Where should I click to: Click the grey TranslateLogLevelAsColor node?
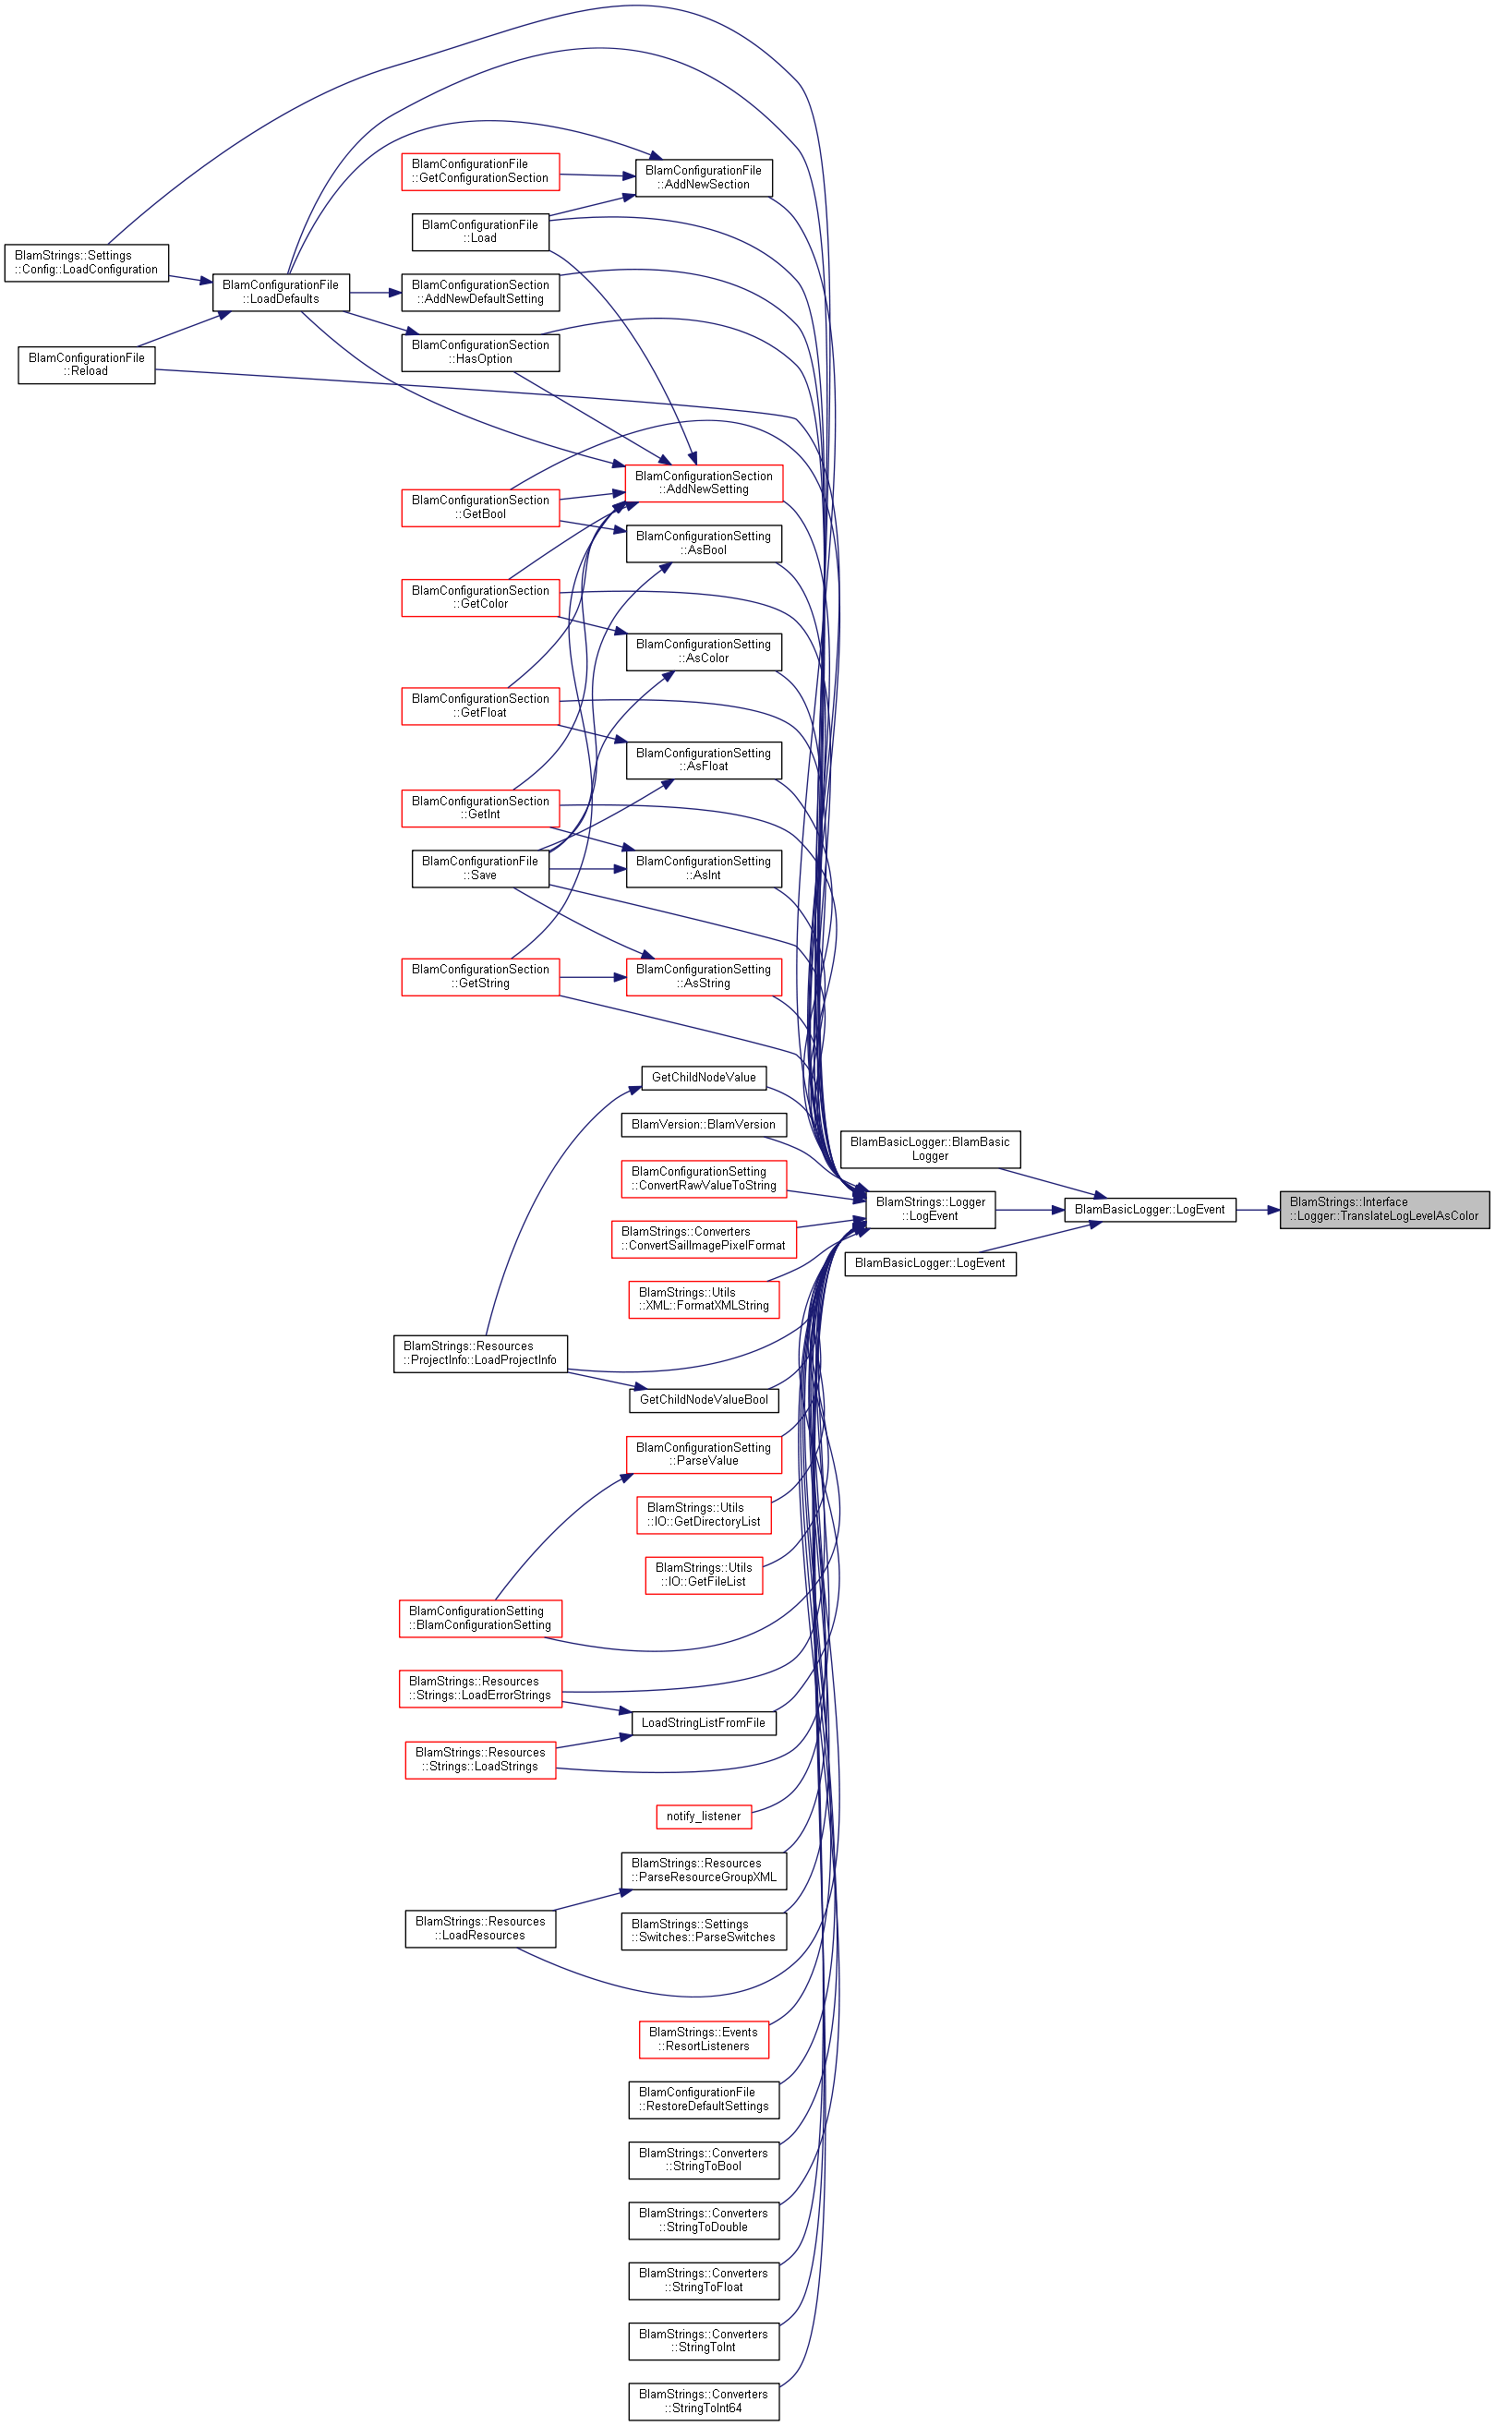pos(1384,1209)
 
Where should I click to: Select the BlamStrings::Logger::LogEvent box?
pos(931,1209)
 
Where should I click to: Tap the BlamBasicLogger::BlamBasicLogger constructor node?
pos(931,1149)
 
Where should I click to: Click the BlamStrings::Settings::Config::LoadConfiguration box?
pos(86,263)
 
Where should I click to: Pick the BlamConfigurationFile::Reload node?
pos(86,365)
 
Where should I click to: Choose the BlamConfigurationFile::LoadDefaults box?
pos(281,293)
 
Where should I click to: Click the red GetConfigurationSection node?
pos(480,171)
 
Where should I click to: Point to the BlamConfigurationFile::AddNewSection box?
pos(704,178)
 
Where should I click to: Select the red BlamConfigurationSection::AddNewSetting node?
pos(704,482)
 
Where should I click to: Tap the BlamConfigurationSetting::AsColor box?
pos(704,651)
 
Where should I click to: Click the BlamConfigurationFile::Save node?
pos(480,868)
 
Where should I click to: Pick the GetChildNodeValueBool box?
pos(704,1400)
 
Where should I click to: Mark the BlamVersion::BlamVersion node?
pos(704,1125)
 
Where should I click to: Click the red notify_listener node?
pos(704,1816)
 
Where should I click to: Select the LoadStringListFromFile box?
pos(704,1722)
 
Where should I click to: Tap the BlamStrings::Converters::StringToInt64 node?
pos(704,2401)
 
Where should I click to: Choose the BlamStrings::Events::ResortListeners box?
pos(704,2039)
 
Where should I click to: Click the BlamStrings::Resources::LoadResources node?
pos(480,1929)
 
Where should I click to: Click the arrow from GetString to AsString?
pos(593,978)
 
